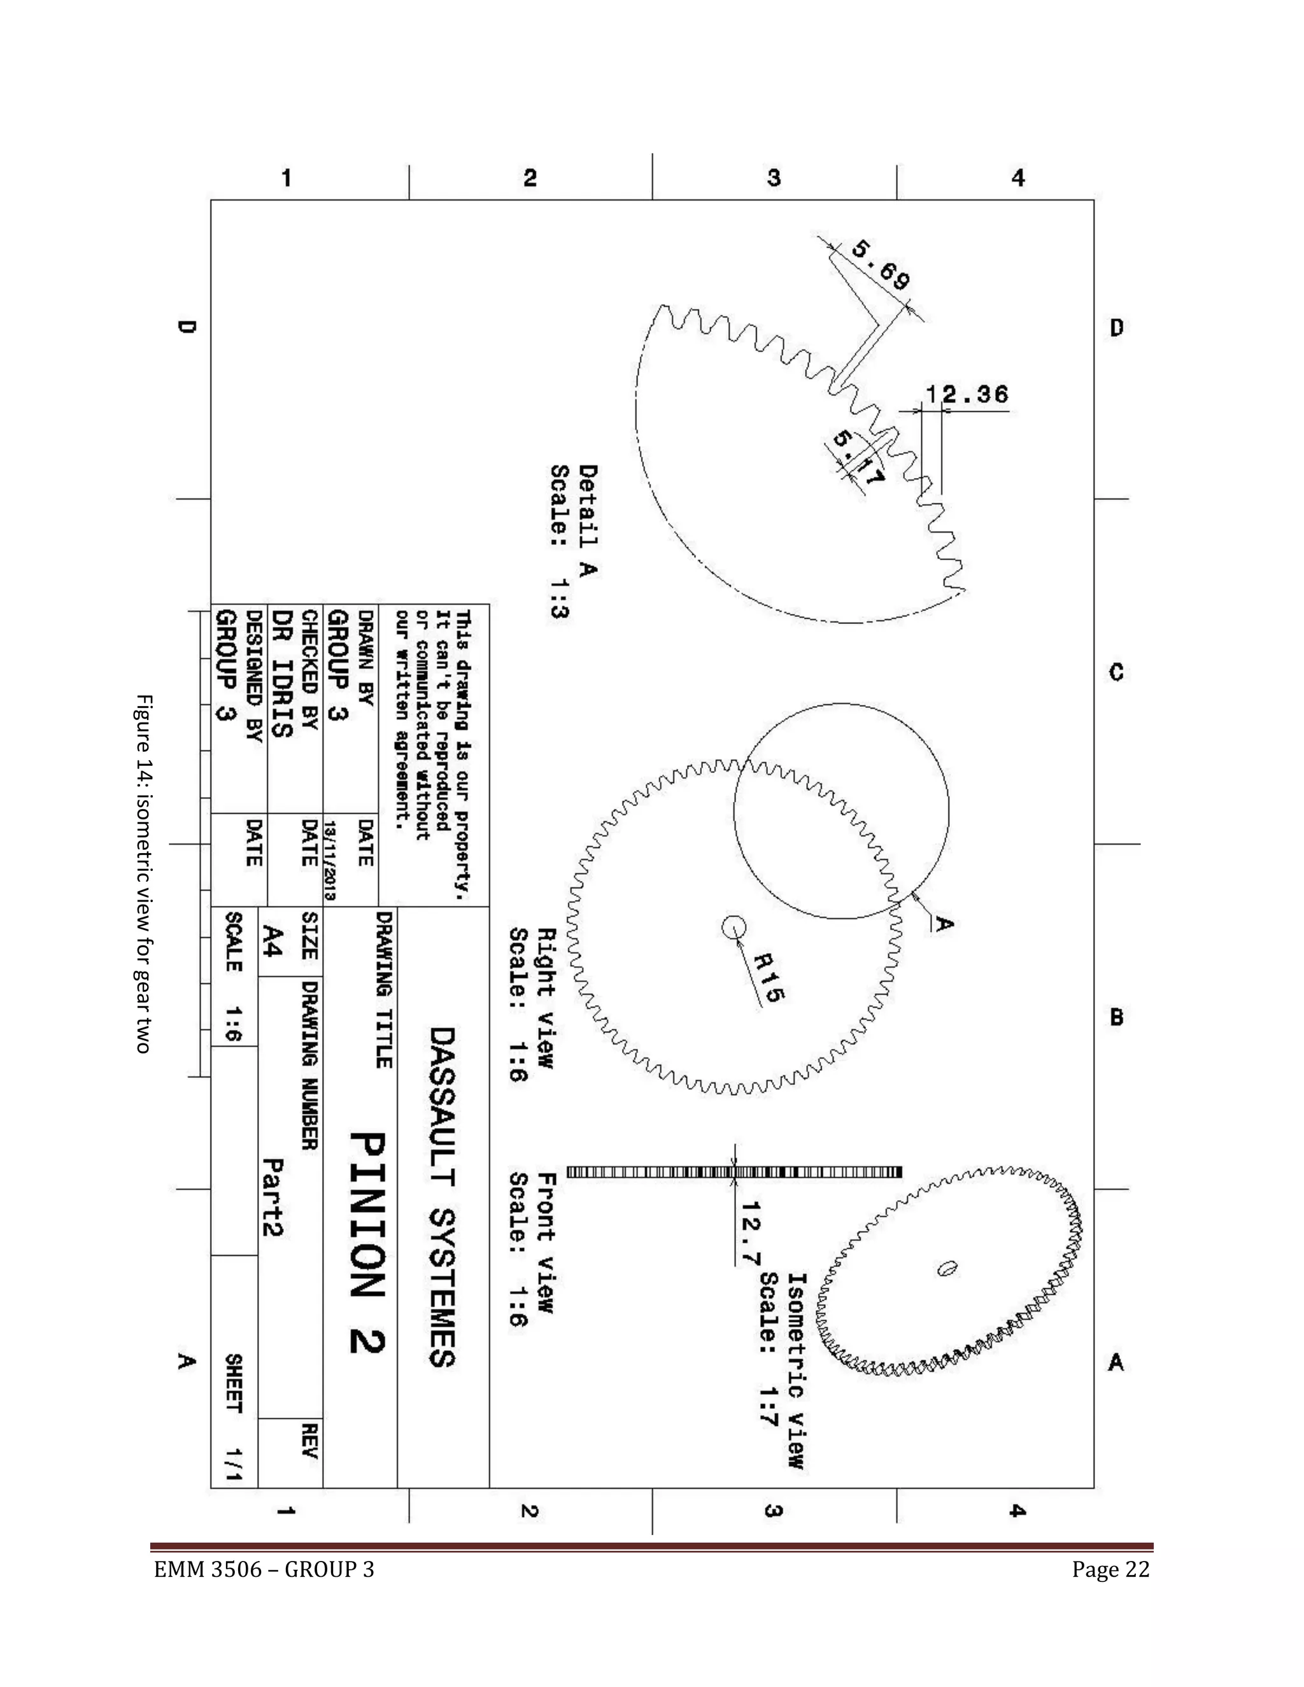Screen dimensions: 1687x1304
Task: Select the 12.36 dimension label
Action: [967, 395]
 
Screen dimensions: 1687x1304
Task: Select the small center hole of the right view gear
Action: [733, 926]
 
